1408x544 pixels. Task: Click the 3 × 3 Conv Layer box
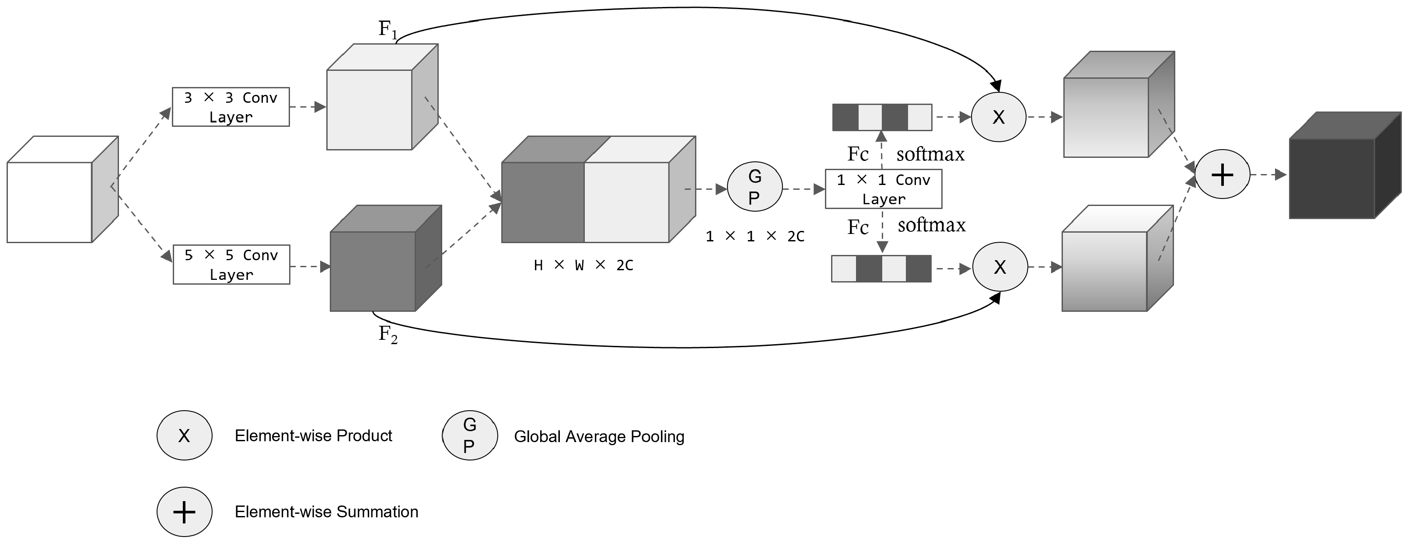click(231, 107)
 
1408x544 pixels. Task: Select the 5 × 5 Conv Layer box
click(231, 265)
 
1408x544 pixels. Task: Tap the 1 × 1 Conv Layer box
click(883, 189)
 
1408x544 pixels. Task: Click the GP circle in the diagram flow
click(754, 187)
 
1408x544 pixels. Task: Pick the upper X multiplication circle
click(998, 117)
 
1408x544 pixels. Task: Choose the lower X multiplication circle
click(1000, 267)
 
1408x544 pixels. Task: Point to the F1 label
click(388, 29)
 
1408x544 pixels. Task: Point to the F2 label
click(388, 334)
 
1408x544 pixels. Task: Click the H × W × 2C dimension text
click(583, 265)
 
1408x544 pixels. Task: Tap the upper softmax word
click(930, 154)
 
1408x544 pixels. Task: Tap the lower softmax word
click(931, 225)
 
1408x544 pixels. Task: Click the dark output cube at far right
click(1339, 169)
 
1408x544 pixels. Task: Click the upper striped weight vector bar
click(882, 118)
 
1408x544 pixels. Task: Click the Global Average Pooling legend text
click(599, 436)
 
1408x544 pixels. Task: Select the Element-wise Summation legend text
click(326, 512)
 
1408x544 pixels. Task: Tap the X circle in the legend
click(184, 435)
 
